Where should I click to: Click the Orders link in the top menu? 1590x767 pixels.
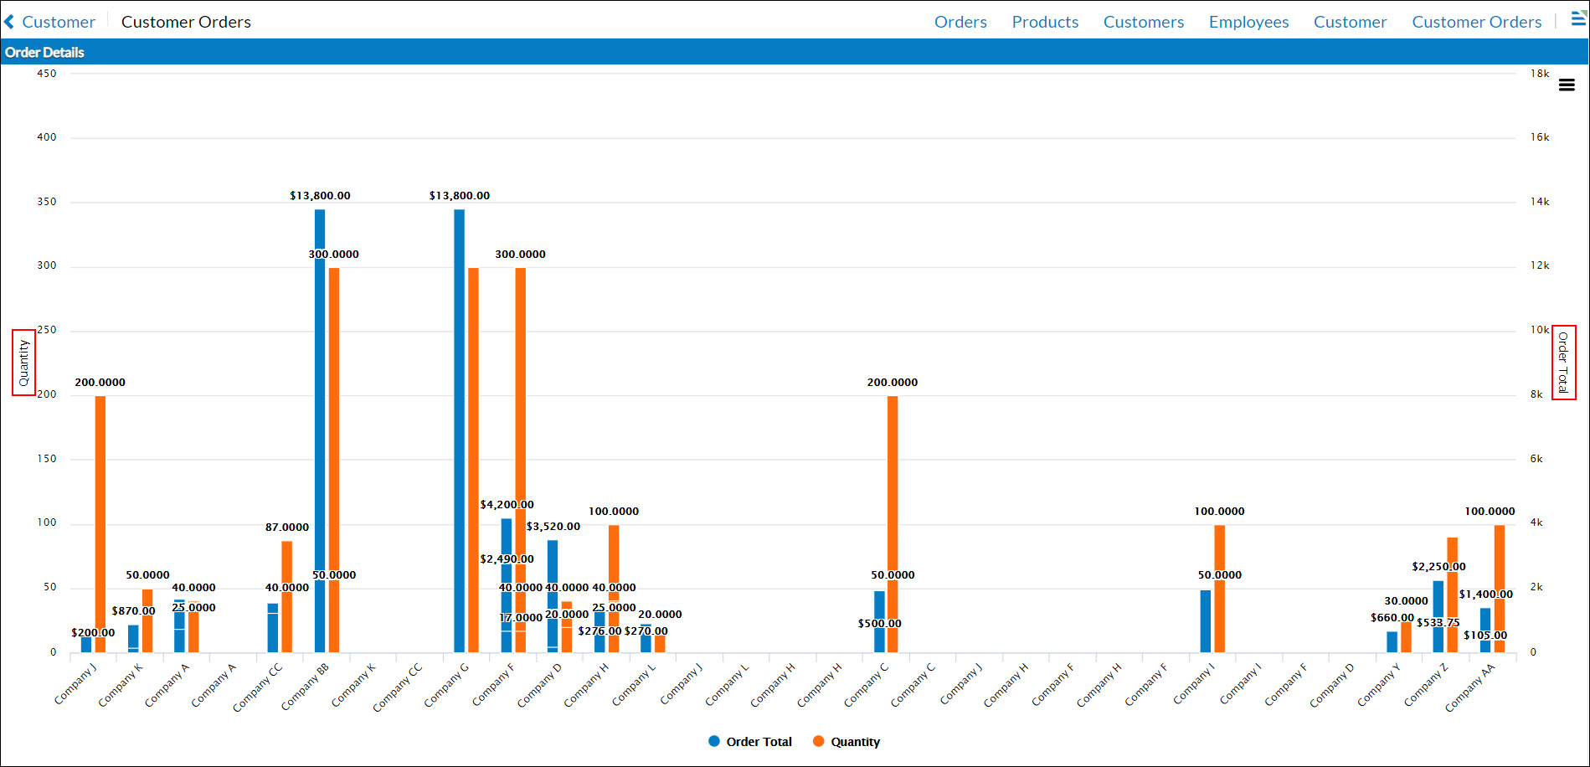pos(960,22)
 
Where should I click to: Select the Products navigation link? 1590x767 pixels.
pos(1045,22)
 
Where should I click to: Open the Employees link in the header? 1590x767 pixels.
pos(1248,22)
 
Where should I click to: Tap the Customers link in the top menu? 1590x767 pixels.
pos(1143,22)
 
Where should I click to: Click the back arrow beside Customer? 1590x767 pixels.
pos(9,22)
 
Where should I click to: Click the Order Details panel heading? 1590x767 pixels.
pos(44,52)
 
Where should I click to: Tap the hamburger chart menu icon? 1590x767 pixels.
pos(1567,85)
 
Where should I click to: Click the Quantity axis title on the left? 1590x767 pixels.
pos(23,363)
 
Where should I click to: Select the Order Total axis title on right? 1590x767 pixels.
pos(1563,363)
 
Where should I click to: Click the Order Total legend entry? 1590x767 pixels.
pos(749,742)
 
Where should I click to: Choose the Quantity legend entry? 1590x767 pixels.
pos(846,742)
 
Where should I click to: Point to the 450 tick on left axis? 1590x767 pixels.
pos(47,74)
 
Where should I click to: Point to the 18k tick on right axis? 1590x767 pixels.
pos(1539,74)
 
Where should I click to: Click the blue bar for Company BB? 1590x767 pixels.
pos(320,419)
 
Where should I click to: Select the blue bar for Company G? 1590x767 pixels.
pos(459,419)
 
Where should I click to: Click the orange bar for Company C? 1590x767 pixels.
pos(893,502)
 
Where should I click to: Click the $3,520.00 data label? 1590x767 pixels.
pos(553,527)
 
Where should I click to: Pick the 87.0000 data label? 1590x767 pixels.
pos(287,528)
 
